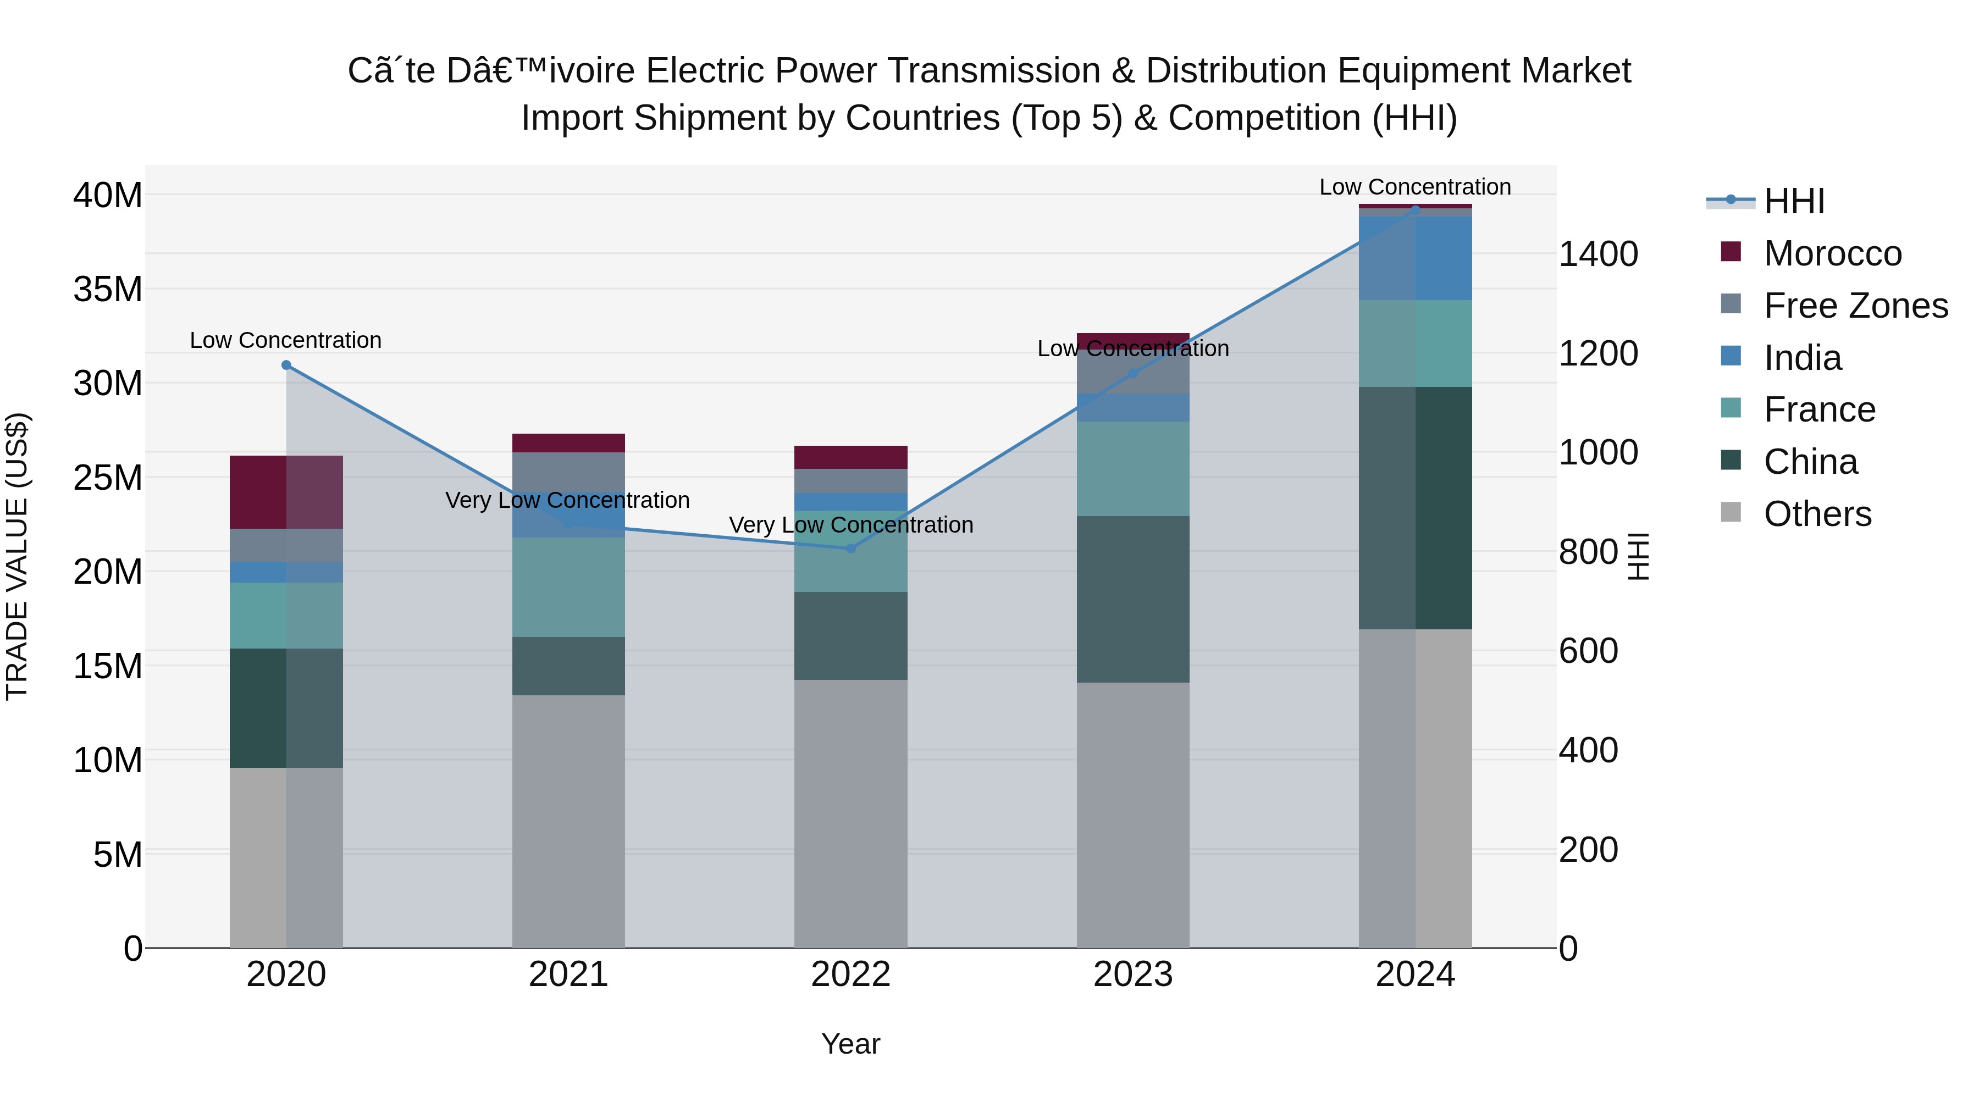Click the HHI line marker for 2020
pyautogui.click(x=286, y=365)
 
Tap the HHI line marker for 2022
pyautogui.click(x=850, y=549)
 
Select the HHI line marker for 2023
pyautogui.click(x=1132, y=373)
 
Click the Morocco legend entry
pyautogui.click(x=1832, y=253)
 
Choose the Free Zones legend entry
pyautogui.click(x=1855, y=306)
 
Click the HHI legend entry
pyautogui.click(x=1794, y=201)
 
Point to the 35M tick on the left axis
pyautogui.click(x=108, y=290)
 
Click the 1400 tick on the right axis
pyautogui.click(x=1598, y=254)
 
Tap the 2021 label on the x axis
pyautogui.click(x=568, y=974)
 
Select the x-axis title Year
pyautogui.click(x=850, y=1044)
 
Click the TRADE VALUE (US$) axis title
pyautogui.click(x=17, y=556)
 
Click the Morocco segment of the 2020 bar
pyautogui.click(x=286, y=492)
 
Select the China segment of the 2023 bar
pyautogui.click(x=1132, y=599)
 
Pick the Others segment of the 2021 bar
pyautogui.click(x=568, y=821)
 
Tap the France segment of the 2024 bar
pyautogui.click(x=1415, y=344)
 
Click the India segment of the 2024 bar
pyautogui.click(x=1415, y=258)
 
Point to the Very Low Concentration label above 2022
pyautogui.click(x=850, y=525)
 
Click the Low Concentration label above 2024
pyautogui.click(x=1415, y=187)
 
